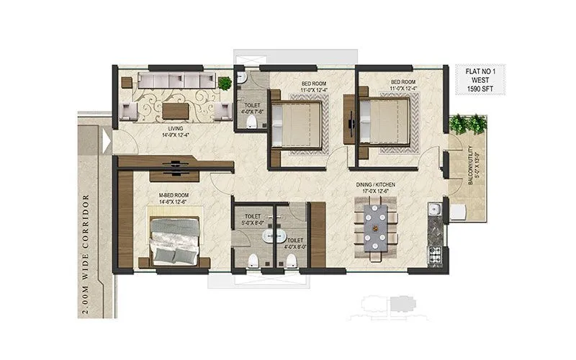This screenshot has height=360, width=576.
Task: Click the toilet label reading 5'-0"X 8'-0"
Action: point(253,220)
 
